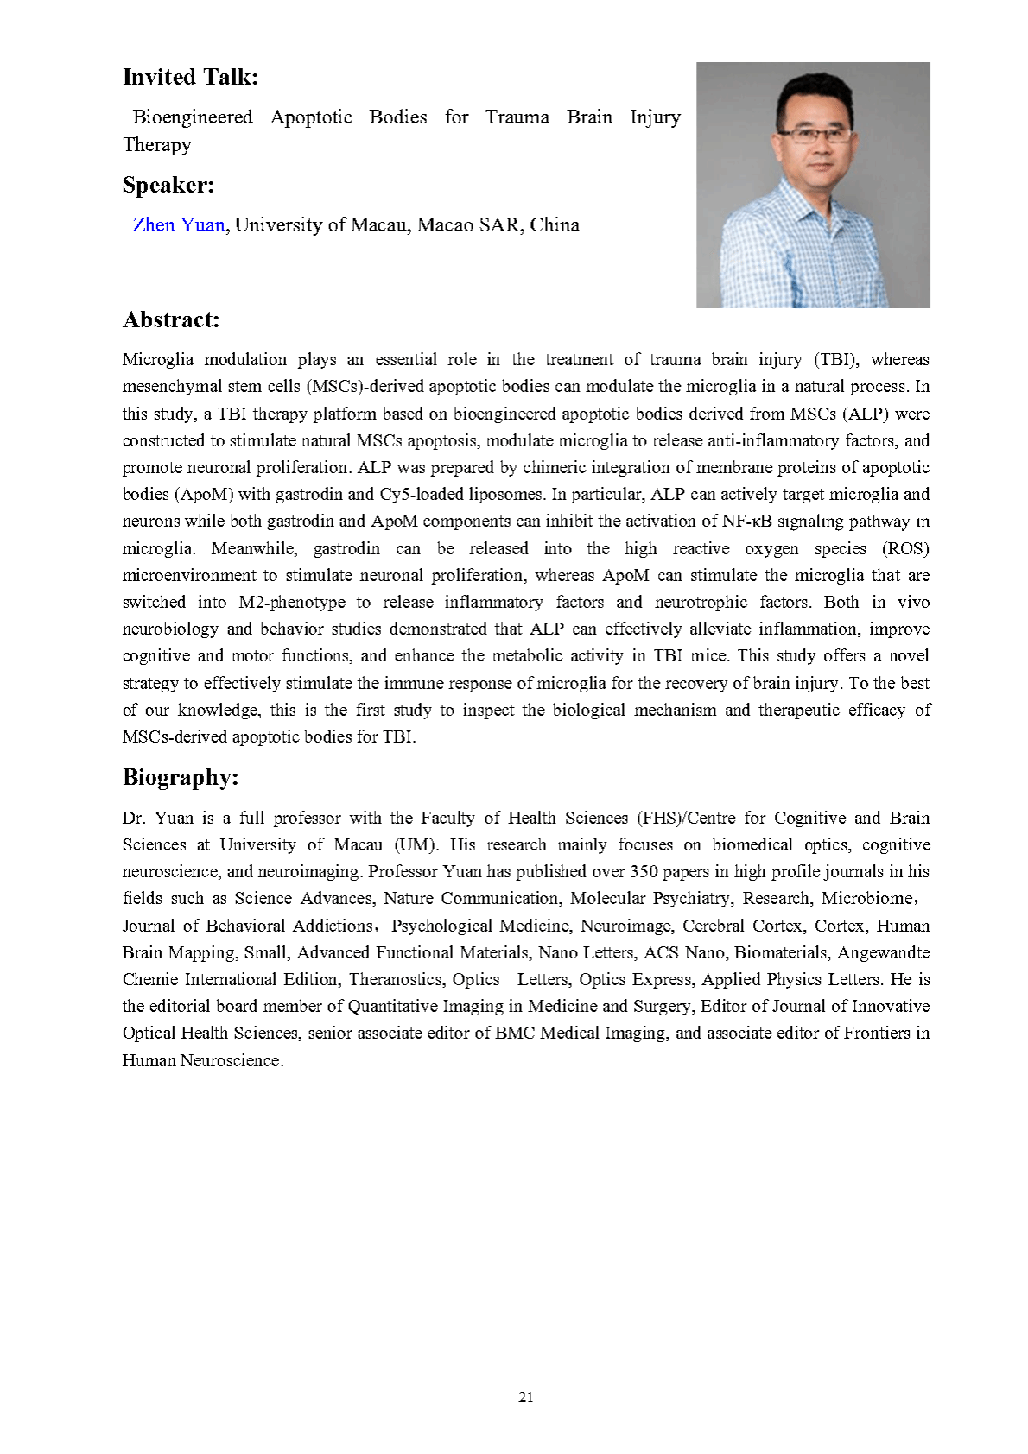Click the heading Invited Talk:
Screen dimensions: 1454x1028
coord(190,78)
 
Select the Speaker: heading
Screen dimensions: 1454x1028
coord(168,186)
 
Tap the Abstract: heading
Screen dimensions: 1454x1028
coord(171,320)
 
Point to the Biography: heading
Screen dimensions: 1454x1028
coord(181,778)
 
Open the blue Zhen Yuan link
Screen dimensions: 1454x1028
coord(179,225)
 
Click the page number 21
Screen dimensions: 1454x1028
coord(526,1397)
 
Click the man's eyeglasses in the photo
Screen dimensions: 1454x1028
coord(814,135)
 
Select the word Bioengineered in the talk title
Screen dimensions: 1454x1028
coord(193,117)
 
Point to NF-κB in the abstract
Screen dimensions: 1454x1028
coord(746,522)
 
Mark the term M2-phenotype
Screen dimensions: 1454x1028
coord(292,603)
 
